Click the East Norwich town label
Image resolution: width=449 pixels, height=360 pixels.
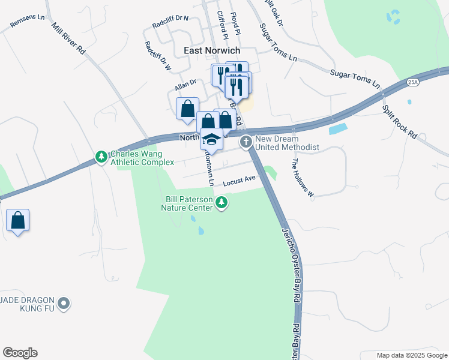click(x=212, y=51)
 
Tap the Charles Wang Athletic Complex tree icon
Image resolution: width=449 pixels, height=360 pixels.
click(x=101, y=157)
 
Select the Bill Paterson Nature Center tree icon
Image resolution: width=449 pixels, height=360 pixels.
click(x=222, y=203)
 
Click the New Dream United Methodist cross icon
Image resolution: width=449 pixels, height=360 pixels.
click(x=246, y=142)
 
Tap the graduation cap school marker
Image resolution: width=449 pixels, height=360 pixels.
click(x=211, y=140)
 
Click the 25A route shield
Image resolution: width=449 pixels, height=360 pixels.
click(x=412, y=82)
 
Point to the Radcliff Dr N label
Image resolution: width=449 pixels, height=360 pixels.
click(x=170, y=22)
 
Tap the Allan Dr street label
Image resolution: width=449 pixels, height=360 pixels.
click(x=185, y=85)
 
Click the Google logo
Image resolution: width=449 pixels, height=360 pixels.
click(x=20, y=353)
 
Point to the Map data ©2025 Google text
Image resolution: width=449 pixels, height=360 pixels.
click(x=411, y=355)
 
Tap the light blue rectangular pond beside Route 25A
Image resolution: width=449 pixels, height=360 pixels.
click(x=339, y=128)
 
